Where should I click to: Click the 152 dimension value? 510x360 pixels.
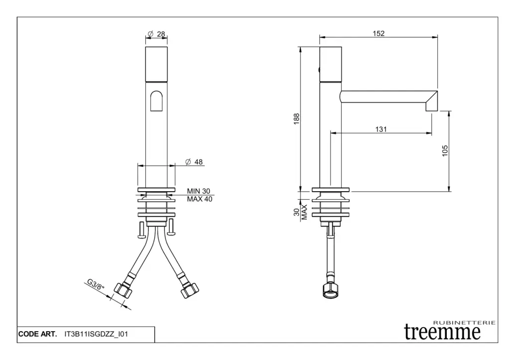tap(379, 33)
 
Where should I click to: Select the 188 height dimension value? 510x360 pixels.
tap(296, 119)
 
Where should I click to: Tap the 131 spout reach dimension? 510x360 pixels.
tap(381, 129)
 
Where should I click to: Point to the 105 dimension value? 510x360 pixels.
tap(445, 150)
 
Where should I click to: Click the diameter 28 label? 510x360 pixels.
tap(156, 34)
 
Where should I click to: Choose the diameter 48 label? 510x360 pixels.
tap(194, 162)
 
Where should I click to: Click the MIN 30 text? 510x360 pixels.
tap(198, 191)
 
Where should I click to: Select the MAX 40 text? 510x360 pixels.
tap(199, 199)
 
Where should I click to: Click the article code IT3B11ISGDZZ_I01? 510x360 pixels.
tap(96, 334)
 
